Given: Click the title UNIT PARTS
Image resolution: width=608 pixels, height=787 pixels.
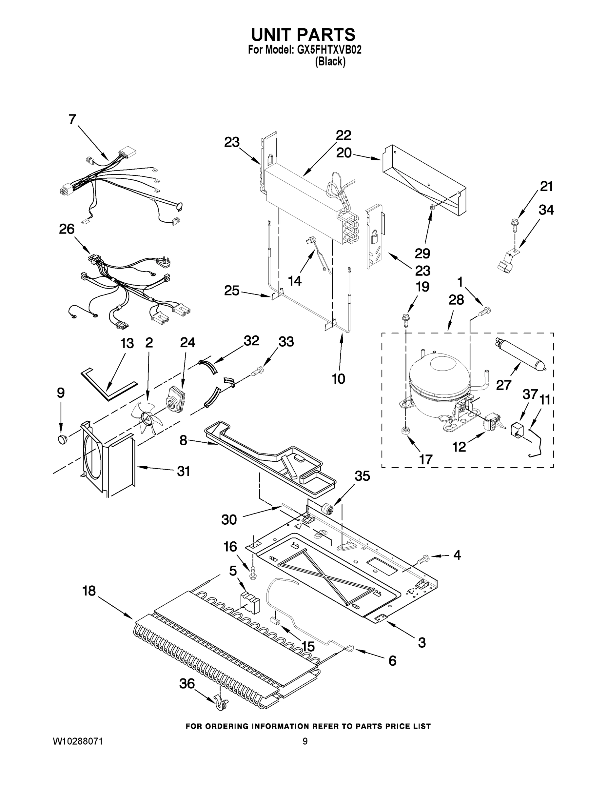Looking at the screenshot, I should click(x=303, y=35).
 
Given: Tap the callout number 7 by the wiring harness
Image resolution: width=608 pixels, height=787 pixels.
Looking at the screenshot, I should click(x=72, y=119).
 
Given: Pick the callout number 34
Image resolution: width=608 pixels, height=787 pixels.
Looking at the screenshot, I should click(x=546, y=210).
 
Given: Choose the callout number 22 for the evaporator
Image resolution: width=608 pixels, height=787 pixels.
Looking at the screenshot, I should click(x=343, y=135).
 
